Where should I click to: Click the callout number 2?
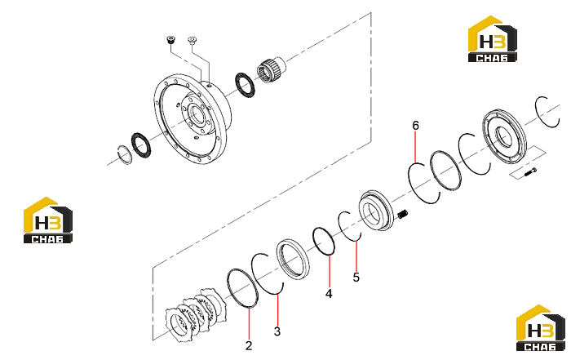(248, 345)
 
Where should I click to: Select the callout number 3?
(277, 331)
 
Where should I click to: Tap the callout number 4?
(329, 293)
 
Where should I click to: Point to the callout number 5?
(356, 277)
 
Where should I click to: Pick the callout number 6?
(415, 126)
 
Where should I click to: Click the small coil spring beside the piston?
(403, 215)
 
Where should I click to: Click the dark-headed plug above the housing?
(170, 39)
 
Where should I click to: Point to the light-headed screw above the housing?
(192, 40)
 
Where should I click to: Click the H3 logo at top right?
(493, 38)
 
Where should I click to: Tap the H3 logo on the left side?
(47, 220)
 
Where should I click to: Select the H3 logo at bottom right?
(541, 328)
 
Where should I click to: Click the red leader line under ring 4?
(330, 271)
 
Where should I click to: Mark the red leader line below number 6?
(415, 148)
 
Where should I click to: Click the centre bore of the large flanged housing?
(197, 115)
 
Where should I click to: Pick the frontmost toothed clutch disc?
(179, 324)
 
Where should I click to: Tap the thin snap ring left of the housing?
(126, 154)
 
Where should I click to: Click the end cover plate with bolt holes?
(504, 137)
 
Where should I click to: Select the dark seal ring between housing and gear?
(245, 85)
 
